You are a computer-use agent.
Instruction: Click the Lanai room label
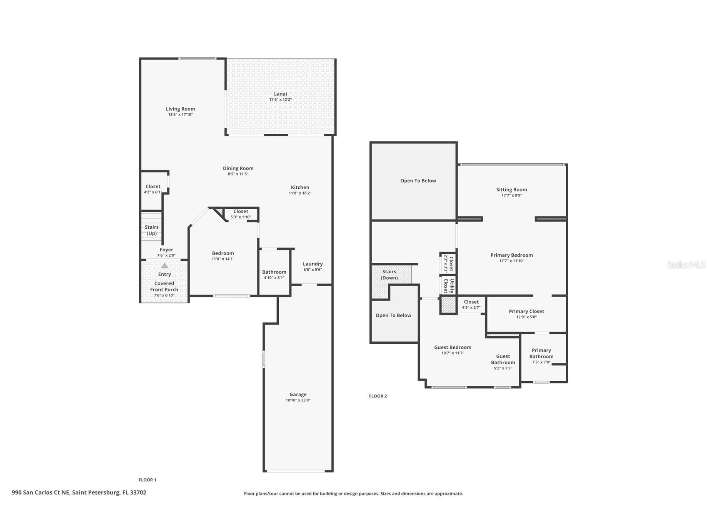point(280,94)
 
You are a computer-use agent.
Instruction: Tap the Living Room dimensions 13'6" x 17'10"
point(180,115)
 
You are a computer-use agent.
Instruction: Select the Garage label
point(298,394)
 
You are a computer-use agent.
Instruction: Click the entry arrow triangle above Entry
point(165,265)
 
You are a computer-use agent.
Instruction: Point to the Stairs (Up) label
point(152,230)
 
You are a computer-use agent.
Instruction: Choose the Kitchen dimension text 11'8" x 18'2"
point(300,193)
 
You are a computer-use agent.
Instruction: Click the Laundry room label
point(312,264)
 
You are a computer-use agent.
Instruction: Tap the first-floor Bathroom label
point(274,272)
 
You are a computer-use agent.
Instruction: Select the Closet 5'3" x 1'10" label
point(241,211)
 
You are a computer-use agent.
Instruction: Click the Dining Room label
point(238,168)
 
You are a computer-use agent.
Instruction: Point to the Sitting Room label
point(511,190)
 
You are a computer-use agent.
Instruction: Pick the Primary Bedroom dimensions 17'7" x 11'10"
point(511,261)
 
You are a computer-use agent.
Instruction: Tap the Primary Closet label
point(526,311)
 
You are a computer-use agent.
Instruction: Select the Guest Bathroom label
point(503,359)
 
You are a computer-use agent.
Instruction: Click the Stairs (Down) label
point(389,275)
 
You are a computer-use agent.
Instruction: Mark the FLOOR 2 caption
point(377,396)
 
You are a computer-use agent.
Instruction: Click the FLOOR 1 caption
point(147,480)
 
